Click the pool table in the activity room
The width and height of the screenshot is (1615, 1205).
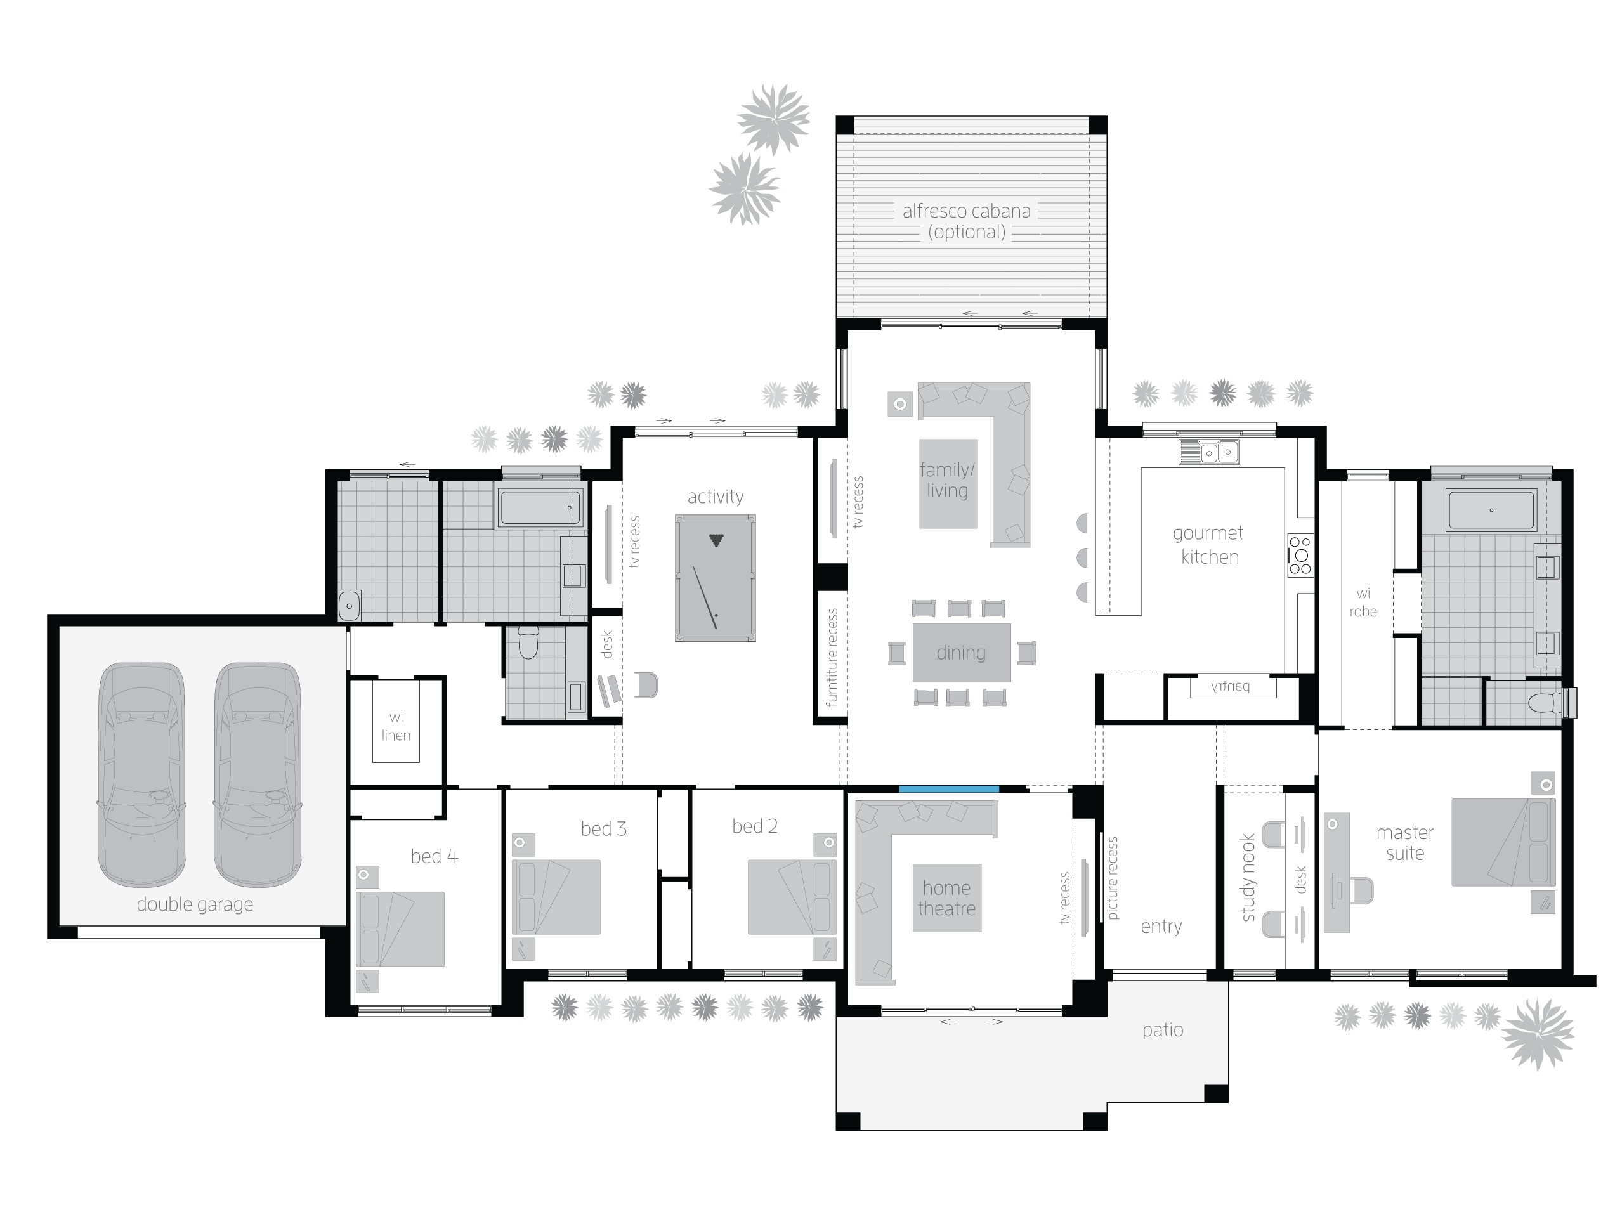pyautogui.click(x=714, y=578)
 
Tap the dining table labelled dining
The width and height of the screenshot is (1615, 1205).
pyautogui.click(x=960, y=652)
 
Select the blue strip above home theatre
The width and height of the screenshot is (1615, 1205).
pyautogui.click(x=948, y=789)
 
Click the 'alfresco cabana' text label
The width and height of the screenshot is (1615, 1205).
pyautogui.click(x=966, y=211)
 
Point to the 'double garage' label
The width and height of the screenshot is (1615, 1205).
pyautogui.click(x=195, y=904)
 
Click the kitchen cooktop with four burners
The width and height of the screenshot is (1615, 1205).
pyautogui.click(x=1299, y=555)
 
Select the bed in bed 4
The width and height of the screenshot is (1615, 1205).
pyautogui.click(x=400, y=928)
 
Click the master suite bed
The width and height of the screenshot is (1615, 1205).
pyautogui.click(x=1503, y=842)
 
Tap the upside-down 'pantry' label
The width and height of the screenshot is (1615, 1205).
pyautogui.click(x=1231, y=686)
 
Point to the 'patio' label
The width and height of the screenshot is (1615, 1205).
pyautogui.click(x=1162, y=1030)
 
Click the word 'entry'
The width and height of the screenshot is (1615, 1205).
pyautogui.click(x=1161, y=927)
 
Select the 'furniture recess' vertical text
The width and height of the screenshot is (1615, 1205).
pyautogui.click(x=832, y=657)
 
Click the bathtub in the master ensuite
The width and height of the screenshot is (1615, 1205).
pyautogui.click(x=1491, y=510)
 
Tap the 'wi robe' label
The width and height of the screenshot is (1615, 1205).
pyautogui.click(x=1363, y=602)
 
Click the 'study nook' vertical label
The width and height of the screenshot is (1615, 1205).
pyautogui.click(x=1248, y=878)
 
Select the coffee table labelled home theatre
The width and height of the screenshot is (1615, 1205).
pyautogui.click(x=946, y=898)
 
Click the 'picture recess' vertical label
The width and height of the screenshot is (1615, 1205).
pyautogui.click(x=1113, y=878)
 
